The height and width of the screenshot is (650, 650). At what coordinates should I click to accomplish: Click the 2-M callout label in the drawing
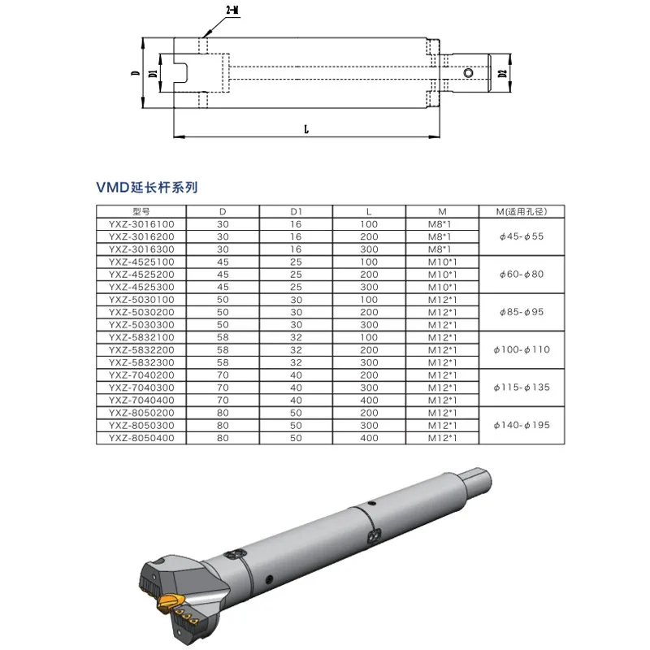233,11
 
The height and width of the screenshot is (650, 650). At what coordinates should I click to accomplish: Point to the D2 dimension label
503,74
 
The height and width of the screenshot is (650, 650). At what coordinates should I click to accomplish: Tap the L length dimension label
306,129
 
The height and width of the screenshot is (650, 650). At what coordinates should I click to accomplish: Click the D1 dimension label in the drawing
154,73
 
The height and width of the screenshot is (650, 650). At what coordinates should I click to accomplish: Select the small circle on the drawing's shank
469,73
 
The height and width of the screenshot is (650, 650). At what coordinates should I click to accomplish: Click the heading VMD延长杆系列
147,188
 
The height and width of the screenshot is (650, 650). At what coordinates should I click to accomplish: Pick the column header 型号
141,211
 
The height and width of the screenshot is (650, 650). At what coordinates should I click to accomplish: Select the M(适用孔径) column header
522,211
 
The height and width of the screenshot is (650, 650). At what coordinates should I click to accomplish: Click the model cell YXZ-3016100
141,224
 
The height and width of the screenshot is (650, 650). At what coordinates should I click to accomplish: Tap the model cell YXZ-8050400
141,438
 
